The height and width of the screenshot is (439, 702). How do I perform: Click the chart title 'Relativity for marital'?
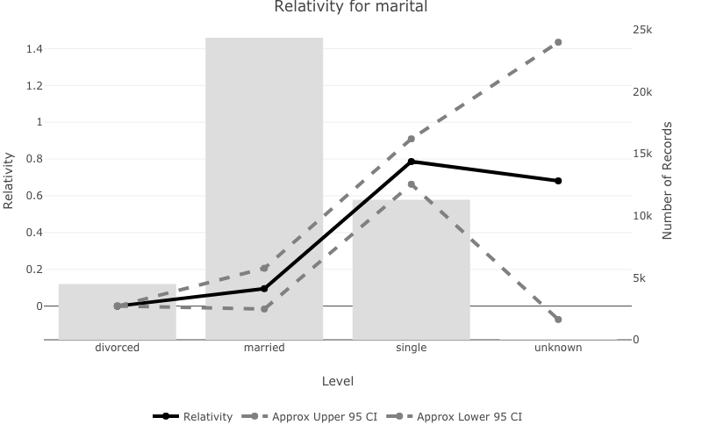pyautogui.click(x=351, y=7)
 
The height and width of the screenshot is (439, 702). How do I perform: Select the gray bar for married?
pyautogui.click(x=264, y=188)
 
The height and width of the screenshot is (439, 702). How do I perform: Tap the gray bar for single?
pyautogui.click(x=411, y=269)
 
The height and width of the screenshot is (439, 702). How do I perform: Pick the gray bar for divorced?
pyautogui.click(x=118, y=311)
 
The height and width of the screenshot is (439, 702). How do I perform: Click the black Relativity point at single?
pyautogui.click(x=411, y=162)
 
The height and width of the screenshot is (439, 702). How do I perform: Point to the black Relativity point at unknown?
pyautogui.click(x=558, y=181)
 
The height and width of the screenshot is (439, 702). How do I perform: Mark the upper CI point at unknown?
pyautogui.click(x=558, y=42)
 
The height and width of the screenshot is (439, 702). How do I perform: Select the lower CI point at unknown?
pyautogui.click(x=558, y=319)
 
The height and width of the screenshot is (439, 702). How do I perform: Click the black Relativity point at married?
pyautogui.click(x=264, y=288)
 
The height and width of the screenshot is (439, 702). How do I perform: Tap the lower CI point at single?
pyautogui.click(x=411, y=184)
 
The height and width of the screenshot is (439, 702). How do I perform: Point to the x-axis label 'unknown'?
pyautogui.click(x=558, y=348)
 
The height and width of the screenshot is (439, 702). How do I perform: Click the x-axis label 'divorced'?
pyautogui.click(x=118, y=348)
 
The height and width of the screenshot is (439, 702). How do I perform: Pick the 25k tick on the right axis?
pyautogui.click(x=642, y=30)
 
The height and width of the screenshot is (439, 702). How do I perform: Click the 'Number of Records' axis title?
pyautogui.click(x=668, y=181)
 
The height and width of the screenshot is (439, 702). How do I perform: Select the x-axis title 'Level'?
pyautogui.click(x=338, y=381)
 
